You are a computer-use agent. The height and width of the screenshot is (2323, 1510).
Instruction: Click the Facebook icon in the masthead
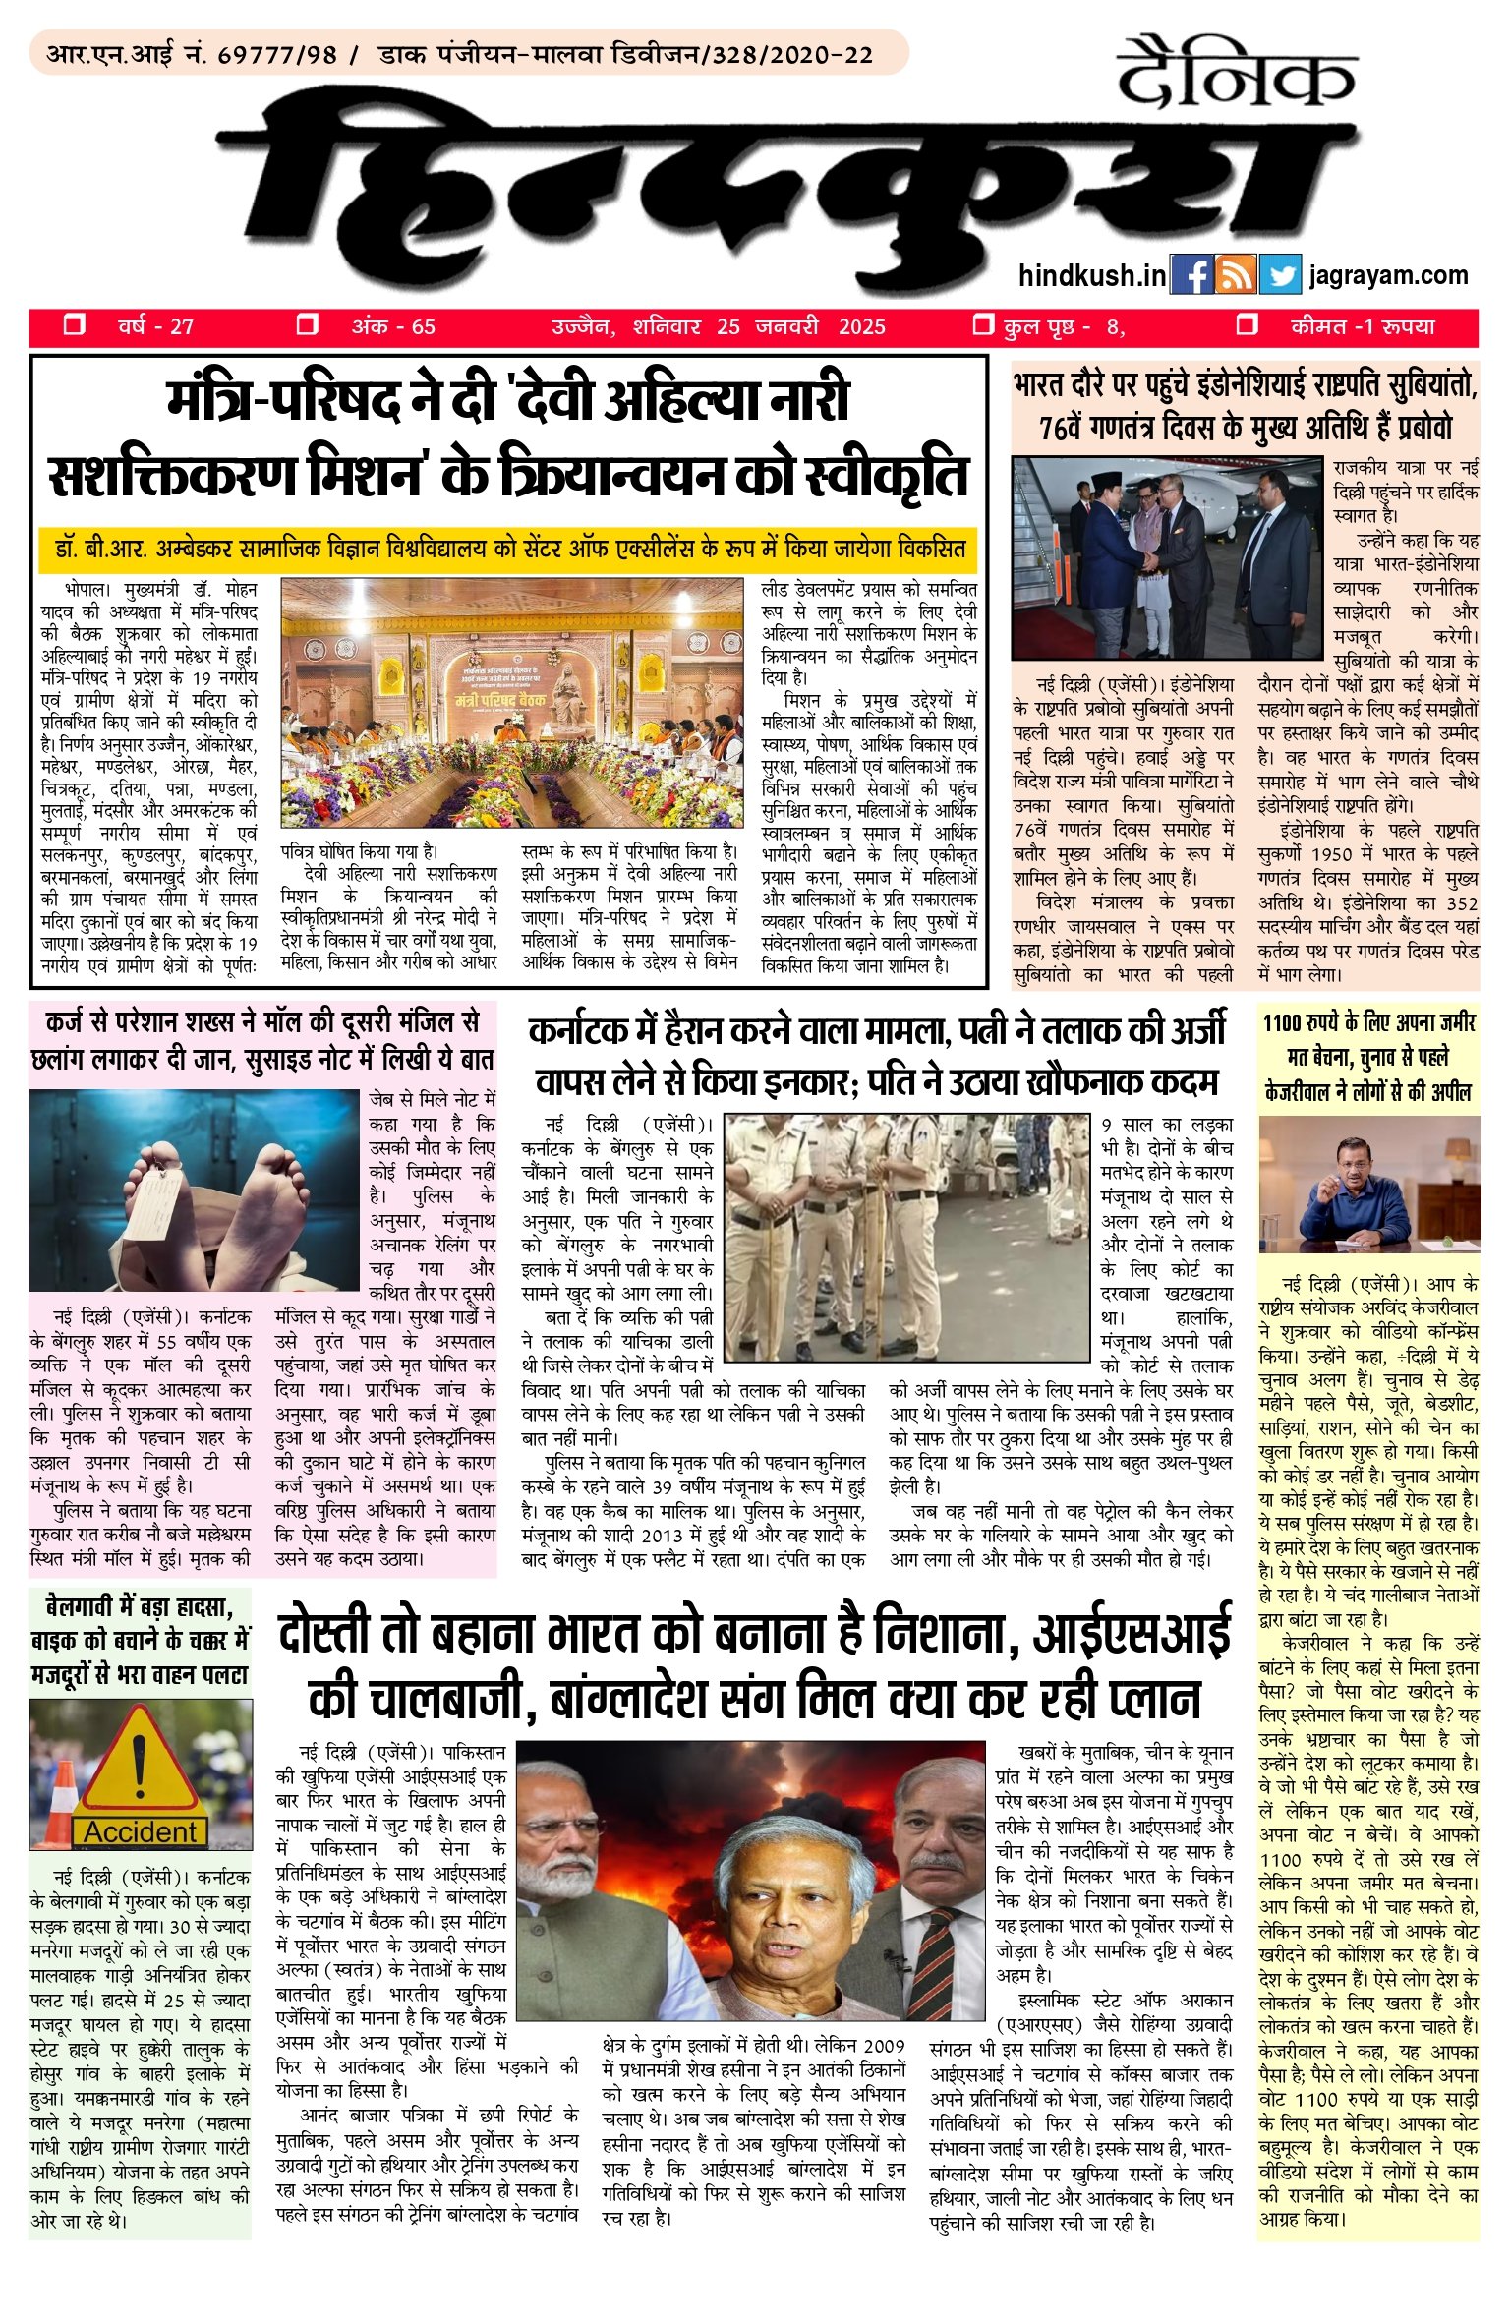pos(1192,276)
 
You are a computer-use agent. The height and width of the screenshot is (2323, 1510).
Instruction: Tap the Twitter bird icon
pos(1279,276)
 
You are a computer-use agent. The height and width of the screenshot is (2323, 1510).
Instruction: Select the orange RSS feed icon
pos(1236,276)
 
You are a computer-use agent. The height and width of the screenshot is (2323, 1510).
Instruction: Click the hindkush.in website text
pos(1091,276)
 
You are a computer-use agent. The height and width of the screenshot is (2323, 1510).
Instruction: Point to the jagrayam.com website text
pos(1388,276)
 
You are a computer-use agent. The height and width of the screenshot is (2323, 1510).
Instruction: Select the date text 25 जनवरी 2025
pos(800,326)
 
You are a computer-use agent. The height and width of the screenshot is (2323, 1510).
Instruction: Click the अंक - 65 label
pos(393,326)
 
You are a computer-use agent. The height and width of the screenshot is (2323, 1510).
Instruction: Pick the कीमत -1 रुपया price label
pos(1363,326)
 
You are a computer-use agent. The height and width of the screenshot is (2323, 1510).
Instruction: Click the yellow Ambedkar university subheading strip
pos(508,549)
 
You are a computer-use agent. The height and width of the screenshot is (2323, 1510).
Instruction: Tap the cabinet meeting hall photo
pos(512,702)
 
